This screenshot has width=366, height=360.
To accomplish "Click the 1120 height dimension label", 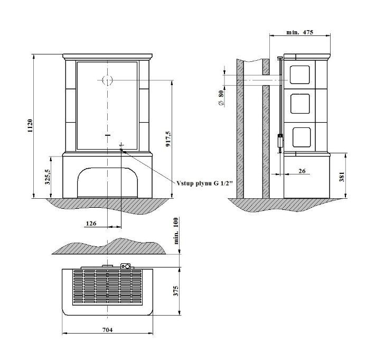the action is point(30,126).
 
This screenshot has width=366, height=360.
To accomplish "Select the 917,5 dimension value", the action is point(168,139).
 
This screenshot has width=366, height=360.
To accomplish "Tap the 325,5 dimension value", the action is point(48,177).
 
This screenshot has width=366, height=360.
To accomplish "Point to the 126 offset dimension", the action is point(91,224).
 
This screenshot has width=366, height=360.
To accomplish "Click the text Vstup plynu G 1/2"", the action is point(205,183).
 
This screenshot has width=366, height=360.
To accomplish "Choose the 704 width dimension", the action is point(108,330).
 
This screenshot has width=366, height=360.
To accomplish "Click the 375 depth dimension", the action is point(176,291).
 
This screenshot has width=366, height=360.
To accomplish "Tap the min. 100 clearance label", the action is point(176,231).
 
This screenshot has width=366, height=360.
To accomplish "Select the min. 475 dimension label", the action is point(299,32).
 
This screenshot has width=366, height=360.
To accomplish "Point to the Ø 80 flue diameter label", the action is point(221,98).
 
